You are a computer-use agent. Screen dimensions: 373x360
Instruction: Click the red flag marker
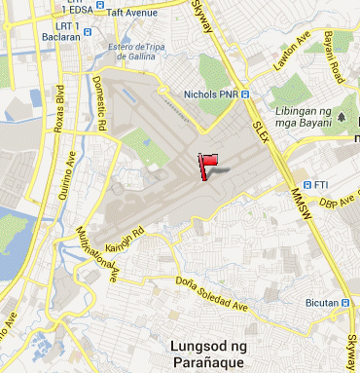[205, 165]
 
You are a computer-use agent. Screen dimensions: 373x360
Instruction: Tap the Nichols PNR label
[210, 94]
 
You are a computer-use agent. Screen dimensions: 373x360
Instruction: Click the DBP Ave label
[340, 203]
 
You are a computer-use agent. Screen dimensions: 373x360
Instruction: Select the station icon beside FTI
[307, 184]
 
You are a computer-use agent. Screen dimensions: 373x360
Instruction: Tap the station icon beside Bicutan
[344, 303]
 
